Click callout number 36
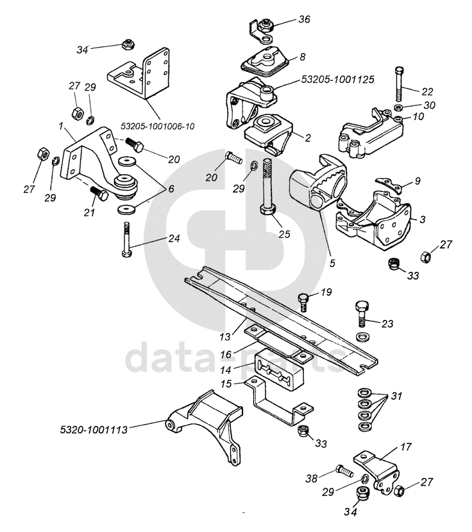pyautogui.click(x=303, y=19)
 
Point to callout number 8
pyautogui.click(x=302, y=57)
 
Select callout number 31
pyautogui.click(x=396, y=396)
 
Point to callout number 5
pyautogui.click(x=333, y=262)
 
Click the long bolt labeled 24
pyautogui.click(x=126, y=238)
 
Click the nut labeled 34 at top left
pyautogui.click(x=127, y=44)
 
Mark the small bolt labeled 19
pyautogui.click(x=304, y=299)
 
